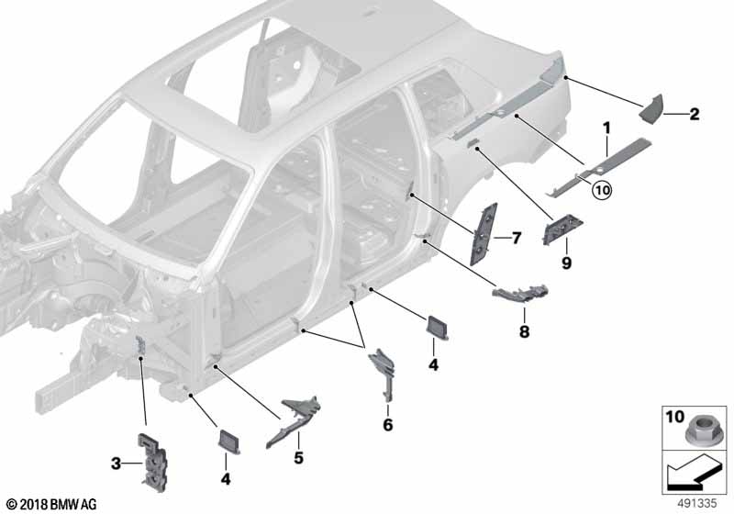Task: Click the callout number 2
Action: point(695,114)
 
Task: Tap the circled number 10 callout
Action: point(602,190)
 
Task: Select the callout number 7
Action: point(517,239)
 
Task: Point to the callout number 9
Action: point(566,263)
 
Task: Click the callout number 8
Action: point(524,331)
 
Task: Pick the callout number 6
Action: point(387,425)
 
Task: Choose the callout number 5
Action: point(299,457)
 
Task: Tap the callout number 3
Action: point(116,464)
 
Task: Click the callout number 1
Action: point(606,128)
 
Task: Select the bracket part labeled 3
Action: point(152,462)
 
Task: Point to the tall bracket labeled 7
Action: point(484,233)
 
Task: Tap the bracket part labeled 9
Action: point(562,229)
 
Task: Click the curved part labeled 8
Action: point(519,294)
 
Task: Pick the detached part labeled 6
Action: point(384,373)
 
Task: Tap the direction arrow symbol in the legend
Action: point(692,473)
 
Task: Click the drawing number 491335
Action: point(697,504)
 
